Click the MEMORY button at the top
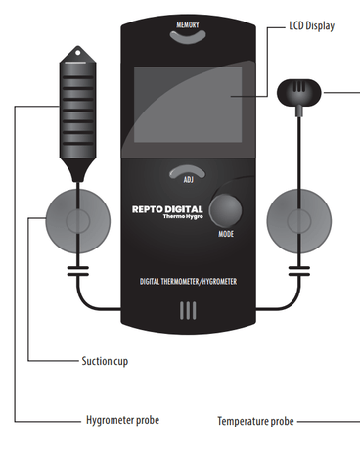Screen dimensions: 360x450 coord(188,37)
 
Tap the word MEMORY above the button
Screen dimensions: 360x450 coord(188,24)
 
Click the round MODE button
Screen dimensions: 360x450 coord(226,210)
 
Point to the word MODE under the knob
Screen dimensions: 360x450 coord(226,234)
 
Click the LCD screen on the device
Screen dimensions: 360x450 coord(188,105)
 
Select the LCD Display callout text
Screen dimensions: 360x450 coord(312,26)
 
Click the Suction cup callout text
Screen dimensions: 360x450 coord(105,361)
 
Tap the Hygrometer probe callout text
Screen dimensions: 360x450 coord(122,420)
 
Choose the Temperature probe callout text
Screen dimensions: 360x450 coord(255,421)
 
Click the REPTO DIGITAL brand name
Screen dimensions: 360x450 coord(167,209)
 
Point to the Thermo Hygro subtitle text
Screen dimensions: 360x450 coord(183,216)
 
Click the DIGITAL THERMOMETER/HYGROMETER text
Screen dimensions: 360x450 coord(188,282)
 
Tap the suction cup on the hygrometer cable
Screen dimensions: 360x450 coord(77,221)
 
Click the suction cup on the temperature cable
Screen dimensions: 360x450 coord(299,221)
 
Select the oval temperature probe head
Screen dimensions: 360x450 coord(299,93)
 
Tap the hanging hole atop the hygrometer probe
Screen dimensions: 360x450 coord(78,52)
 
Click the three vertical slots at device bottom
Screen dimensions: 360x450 coord(188,310)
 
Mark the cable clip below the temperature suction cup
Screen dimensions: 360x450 coord(299,271)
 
